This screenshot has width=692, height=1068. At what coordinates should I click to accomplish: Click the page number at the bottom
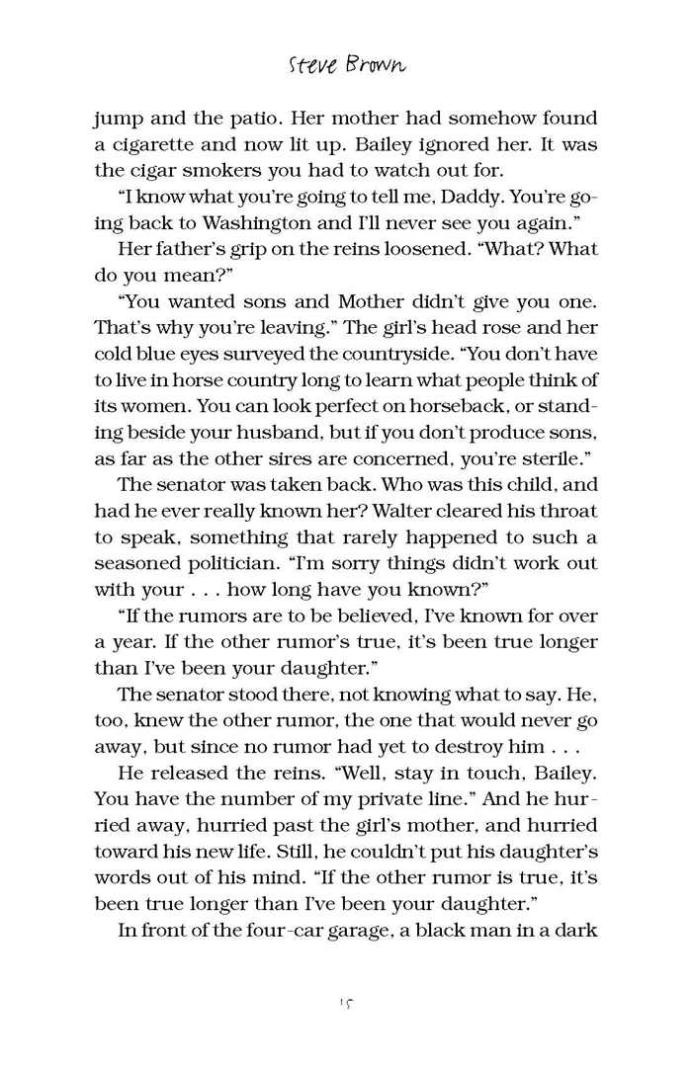point(346,1003)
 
